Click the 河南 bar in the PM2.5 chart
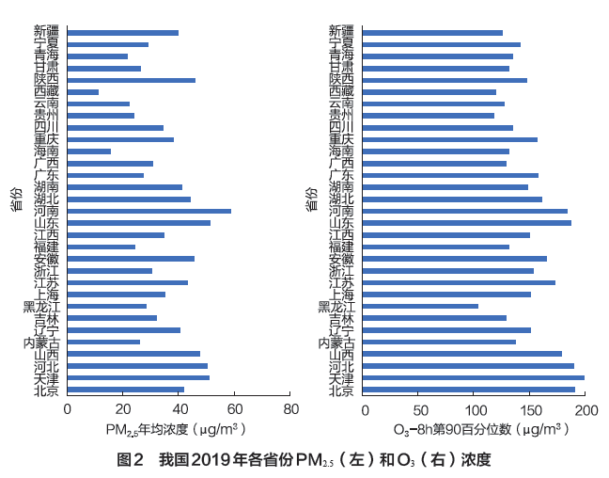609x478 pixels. pyautogui.click(x=148, y=211)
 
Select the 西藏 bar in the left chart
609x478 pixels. pyautogui.click(x=83, y=92)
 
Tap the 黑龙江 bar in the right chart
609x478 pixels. pyautogui.click(x=420, y=306)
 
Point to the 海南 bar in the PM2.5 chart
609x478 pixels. pyautogui.click(x=88, y=151)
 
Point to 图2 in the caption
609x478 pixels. pyautogui.click(x=130, y=460)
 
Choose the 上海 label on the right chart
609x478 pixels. pyautogui.click(x=341, y=295)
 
